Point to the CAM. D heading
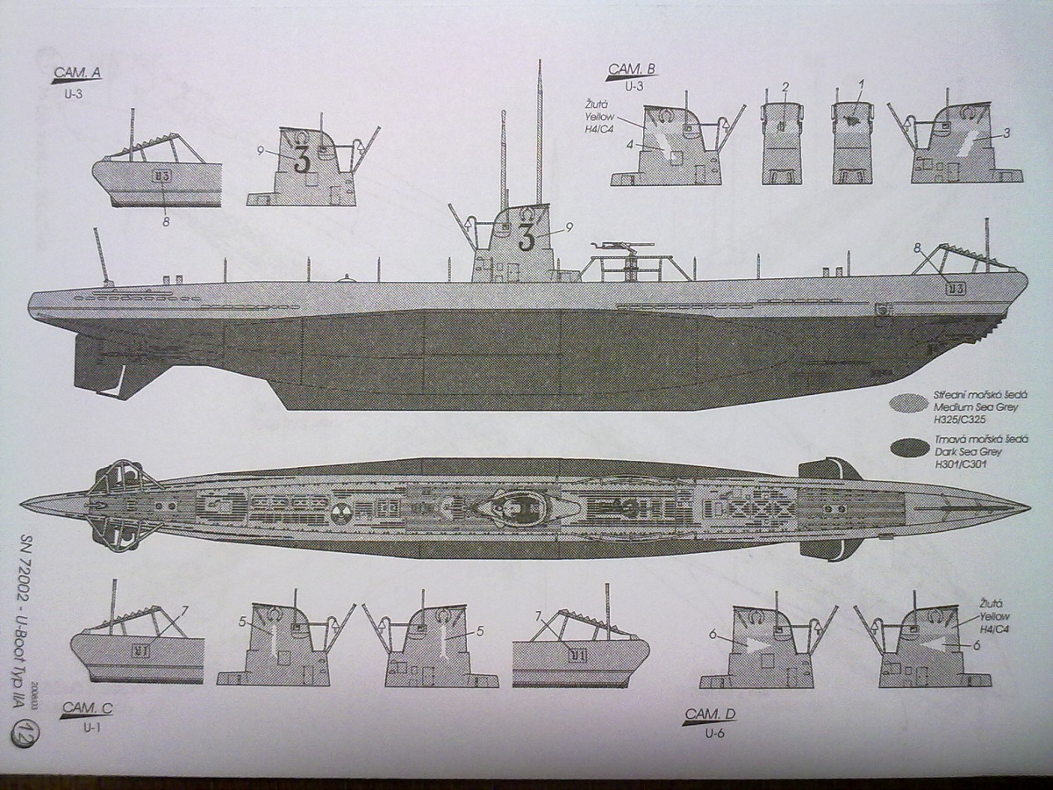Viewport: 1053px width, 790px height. click(710, 714)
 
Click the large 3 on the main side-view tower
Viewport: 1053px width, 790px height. click(526, 236)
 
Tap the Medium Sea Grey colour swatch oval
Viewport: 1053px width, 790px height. click(910, 403)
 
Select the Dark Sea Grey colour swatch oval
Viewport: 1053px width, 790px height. click(910, 447)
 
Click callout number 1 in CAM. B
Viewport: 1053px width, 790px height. click(862, 84)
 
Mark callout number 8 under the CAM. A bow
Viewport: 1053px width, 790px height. click(165, 220)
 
